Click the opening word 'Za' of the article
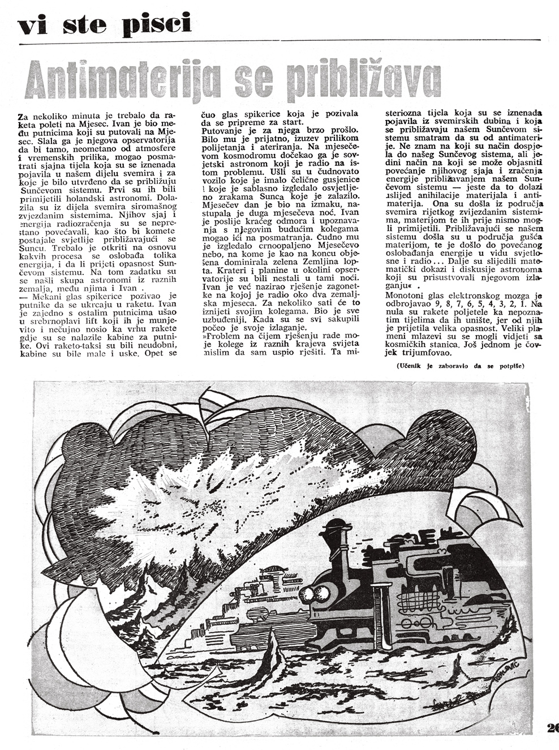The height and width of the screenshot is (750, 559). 23,115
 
